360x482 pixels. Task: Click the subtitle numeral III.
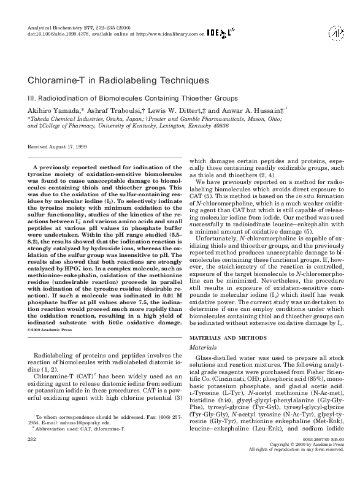coord(32,97)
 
